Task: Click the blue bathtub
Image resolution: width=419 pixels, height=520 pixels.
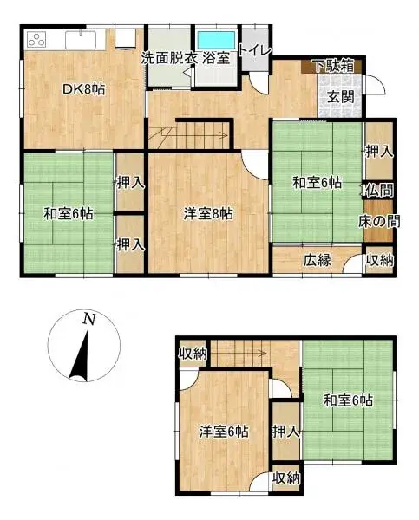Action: point(215,40)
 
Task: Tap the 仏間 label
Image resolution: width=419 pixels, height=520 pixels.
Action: point(379,189)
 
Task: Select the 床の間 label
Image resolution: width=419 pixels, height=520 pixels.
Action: point(379,222)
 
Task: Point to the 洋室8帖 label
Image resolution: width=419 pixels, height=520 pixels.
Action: point(207,212)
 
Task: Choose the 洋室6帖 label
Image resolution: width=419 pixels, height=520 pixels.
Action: point(223,432)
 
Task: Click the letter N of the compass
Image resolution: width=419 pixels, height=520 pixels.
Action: point(88,319)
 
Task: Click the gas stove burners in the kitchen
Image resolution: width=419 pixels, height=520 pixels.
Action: point(38,40)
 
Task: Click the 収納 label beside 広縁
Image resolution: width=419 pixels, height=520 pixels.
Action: point(379,260)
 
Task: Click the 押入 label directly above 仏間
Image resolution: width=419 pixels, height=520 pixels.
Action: point(379,151)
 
